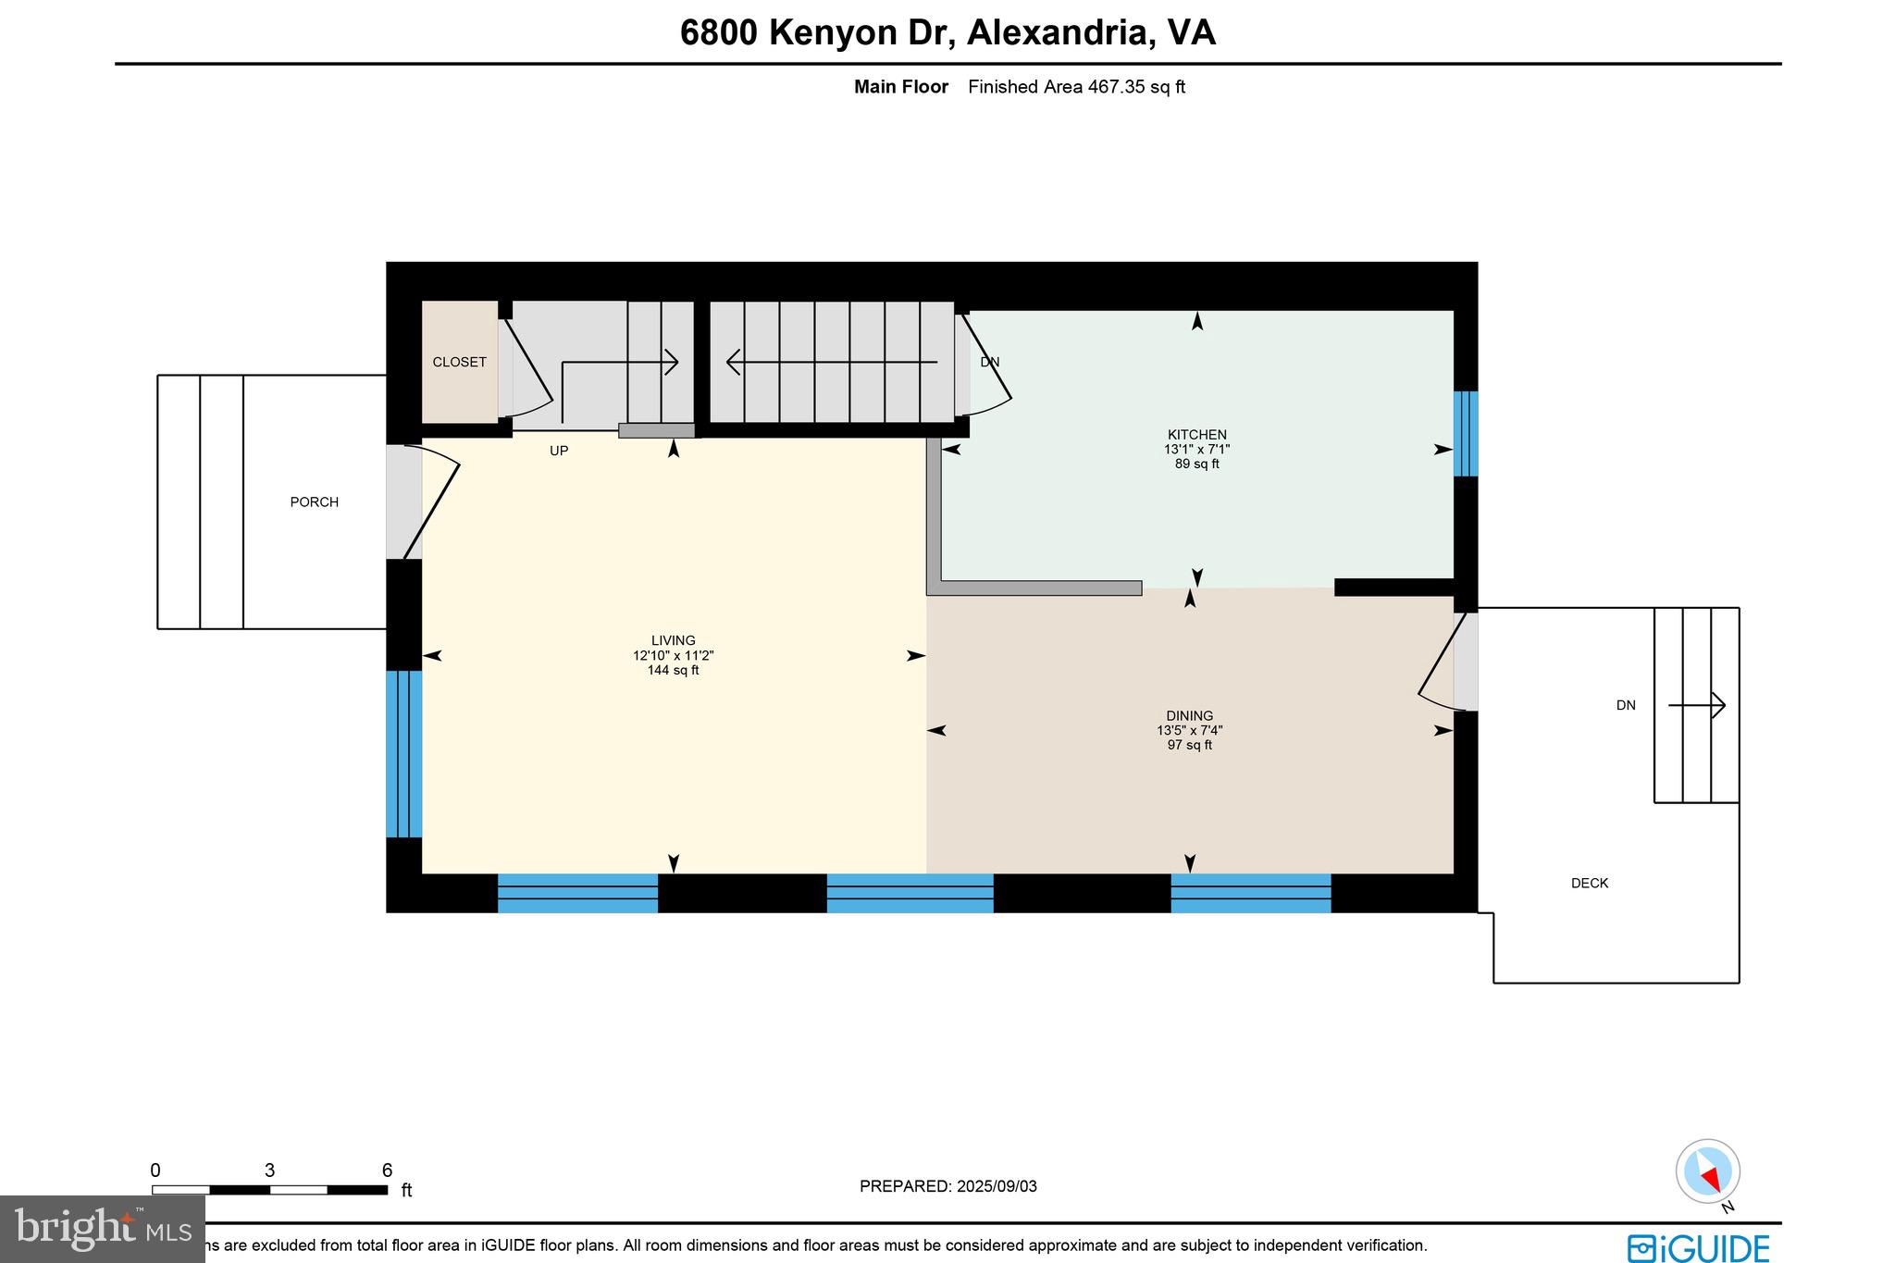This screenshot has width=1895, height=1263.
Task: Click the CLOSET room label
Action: click(x=459, y=363)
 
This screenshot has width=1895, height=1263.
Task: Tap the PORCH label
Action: click(x=314, y=502)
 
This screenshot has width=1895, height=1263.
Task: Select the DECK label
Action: click(x=1589, y=884)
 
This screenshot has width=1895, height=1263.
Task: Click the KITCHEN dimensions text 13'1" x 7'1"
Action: click(x=1196, y=450)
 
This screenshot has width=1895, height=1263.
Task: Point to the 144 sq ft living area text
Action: click(x=673, y=671)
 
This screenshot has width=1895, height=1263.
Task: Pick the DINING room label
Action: click(x=1189, y=716)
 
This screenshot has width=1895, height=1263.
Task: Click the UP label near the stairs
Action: click(x=559, y=452)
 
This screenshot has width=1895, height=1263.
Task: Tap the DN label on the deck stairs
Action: click(x=1625, y=706)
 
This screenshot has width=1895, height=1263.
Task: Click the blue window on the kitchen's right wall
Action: click(x=1465, y=434)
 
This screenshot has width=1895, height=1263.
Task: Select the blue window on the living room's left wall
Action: click(x=403, y=754)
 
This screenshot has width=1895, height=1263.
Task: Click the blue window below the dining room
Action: click(x=1250, y=893)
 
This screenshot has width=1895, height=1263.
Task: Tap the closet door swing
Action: click(x=526, y=365)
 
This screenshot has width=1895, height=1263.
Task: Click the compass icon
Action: click(x=1707, y=1171)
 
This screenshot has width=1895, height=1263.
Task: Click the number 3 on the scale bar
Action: click(x=269, y=1170)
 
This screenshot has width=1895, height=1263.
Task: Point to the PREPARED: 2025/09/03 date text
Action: click(x=947, y=1186)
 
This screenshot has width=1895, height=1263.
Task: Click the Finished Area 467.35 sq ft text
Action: click(x=1076, y=87)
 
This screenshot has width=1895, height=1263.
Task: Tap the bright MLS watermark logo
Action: click(x=102, y=1229)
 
